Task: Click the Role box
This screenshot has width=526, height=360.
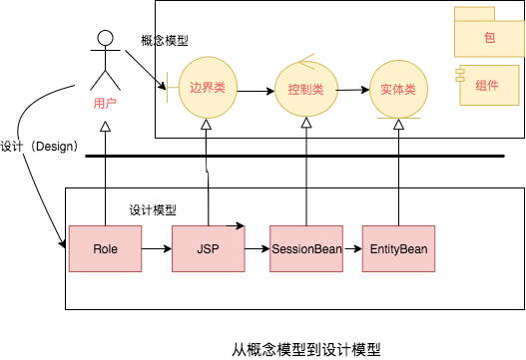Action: point(105,247)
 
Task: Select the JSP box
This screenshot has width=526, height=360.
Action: point(209,247)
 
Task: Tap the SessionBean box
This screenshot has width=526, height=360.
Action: point(306,247)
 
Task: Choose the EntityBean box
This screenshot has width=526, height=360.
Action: point(399,247)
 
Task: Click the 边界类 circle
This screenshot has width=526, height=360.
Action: point(207,88)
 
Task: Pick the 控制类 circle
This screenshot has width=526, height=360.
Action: point(304,89)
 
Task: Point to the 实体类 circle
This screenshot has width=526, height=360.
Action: point(398,89)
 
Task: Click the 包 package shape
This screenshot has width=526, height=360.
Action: point(488,36)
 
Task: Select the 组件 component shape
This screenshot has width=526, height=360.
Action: point(488,86)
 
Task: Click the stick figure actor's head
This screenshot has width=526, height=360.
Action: point(102,40)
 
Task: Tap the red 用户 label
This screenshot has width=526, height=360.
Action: point(104,102)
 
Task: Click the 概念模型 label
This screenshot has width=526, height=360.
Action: point(165,40)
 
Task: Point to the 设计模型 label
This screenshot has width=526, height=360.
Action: point(153,210)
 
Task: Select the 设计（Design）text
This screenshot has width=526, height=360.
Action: point(40,145)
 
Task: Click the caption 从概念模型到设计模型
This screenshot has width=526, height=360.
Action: point(306,348)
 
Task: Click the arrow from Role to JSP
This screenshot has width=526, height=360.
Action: point(156,247)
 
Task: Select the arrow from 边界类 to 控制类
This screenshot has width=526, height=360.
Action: point(256,91)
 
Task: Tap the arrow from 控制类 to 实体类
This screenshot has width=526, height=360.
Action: point(351,89)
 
